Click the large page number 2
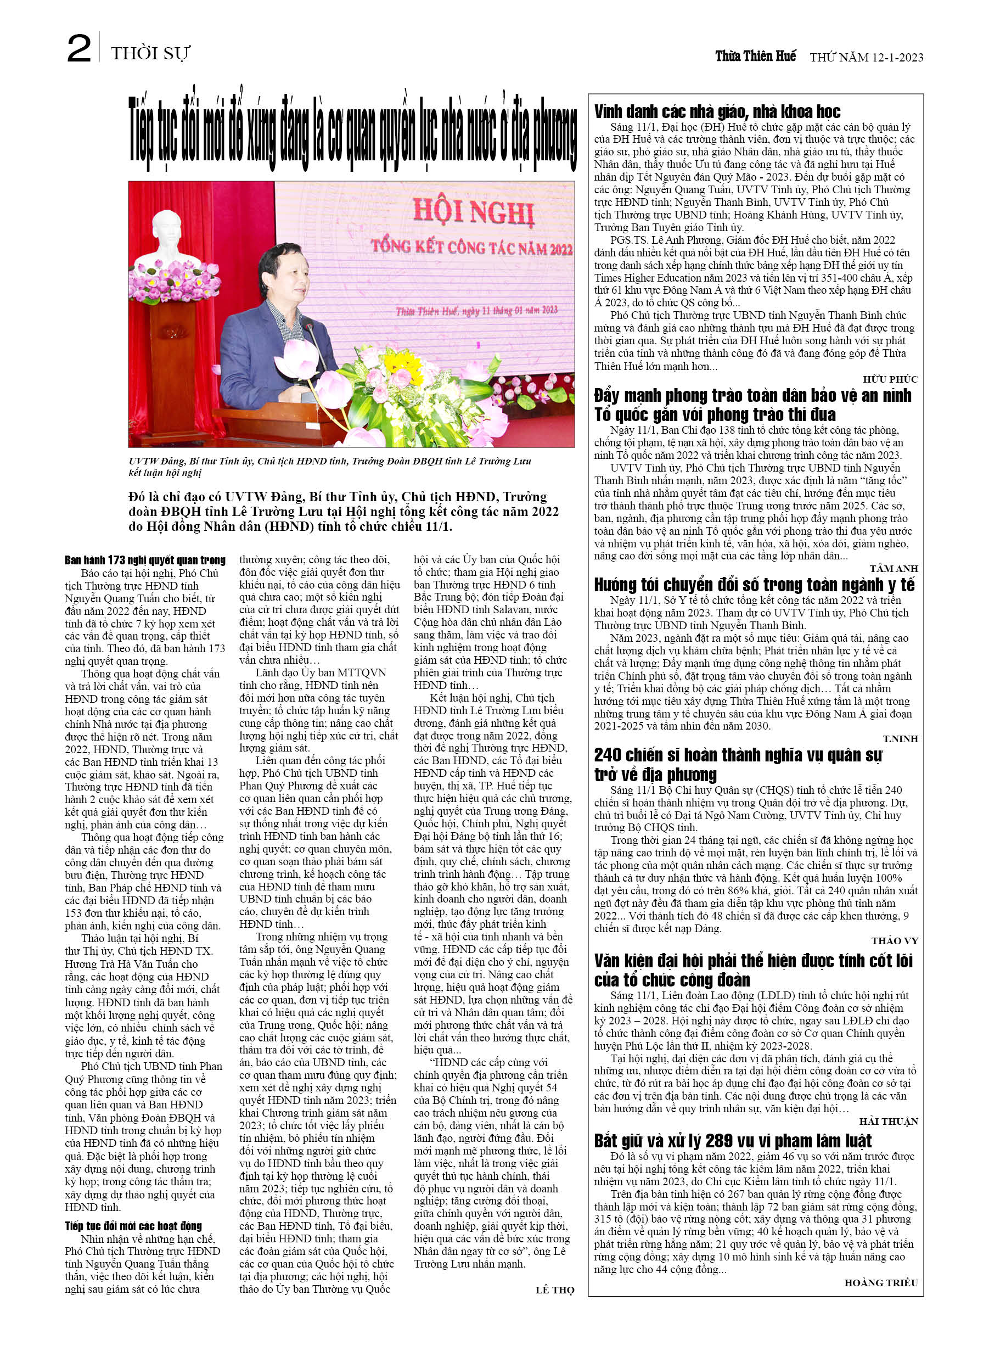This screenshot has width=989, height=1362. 78,49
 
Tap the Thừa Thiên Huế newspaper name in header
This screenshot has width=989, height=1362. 755,57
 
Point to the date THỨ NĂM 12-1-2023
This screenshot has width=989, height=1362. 866,58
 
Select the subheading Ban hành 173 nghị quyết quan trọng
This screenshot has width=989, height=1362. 145,560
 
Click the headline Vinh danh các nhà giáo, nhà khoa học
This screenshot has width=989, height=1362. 717,111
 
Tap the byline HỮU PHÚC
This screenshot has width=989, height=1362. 890,379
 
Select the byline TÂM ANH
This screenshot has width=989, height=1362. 894,568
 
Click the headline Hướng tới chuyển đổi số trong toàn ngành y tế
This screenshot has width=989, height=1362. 754,584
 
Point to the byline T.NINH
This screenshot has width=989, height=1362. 900,739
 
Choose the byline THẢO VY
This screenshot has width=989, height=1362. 894,940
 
